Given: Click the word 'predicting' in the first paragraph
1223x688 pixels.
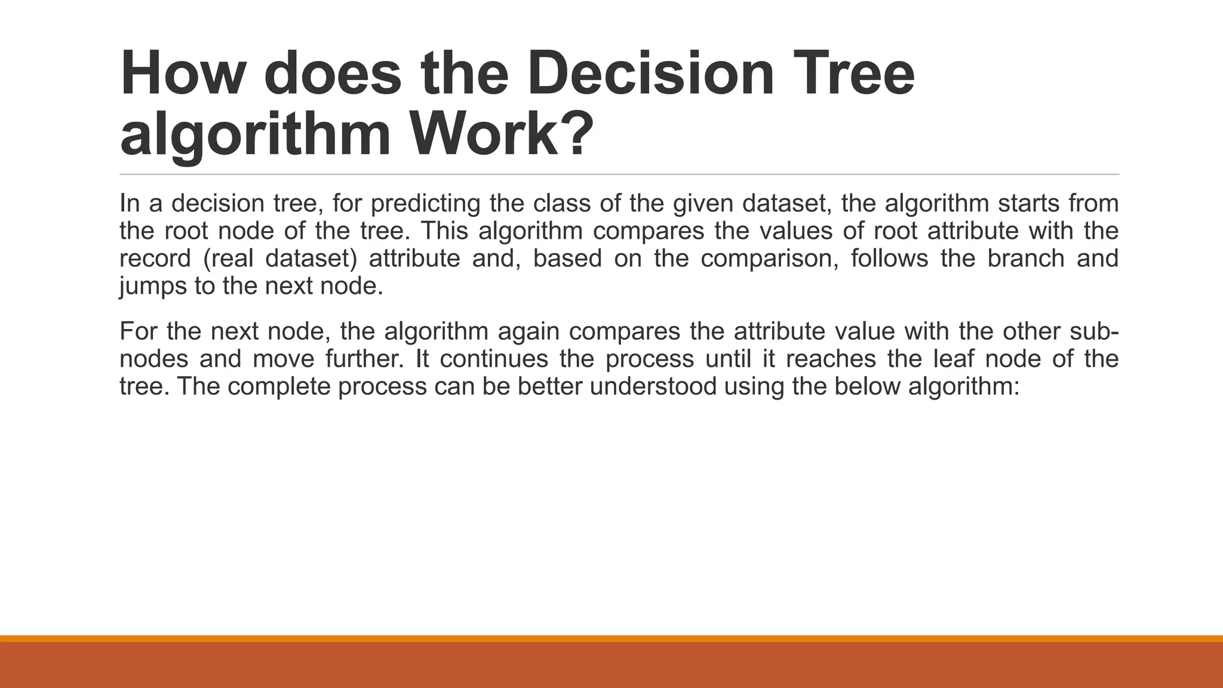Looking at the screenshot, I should pos(425,204).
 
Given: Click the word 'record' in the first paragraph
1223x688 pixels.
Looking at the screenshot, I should pos(155,259).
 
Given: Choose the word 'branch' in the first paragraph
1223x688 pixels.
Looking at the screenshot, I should pos(1025,259).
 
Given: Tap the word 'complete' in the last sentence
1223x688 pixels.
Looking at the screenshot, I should pos(279,386).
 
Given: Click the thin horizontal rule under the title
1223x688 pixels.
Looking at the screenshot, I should pos(619,174).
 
